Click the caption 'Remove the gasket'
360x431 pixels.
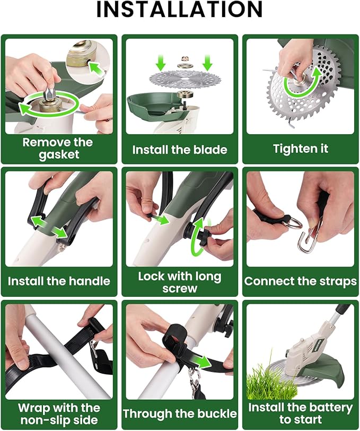(58, 149)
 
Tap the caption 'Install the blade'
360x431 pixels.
(180, 150)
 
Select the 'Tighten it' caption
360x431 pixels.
(300, 149)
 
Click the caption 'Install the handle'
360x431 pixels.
(58, 281)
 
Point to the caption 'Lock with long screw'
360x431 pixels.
(180, 282)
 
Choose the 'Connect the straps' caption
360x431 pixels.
(300, 281)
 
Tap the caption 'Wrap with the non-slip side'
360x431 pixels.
(58, 414)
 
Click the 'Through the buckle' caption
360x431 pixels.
(180, 413)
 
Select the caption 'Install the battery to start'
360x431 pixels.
(300, 414)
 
